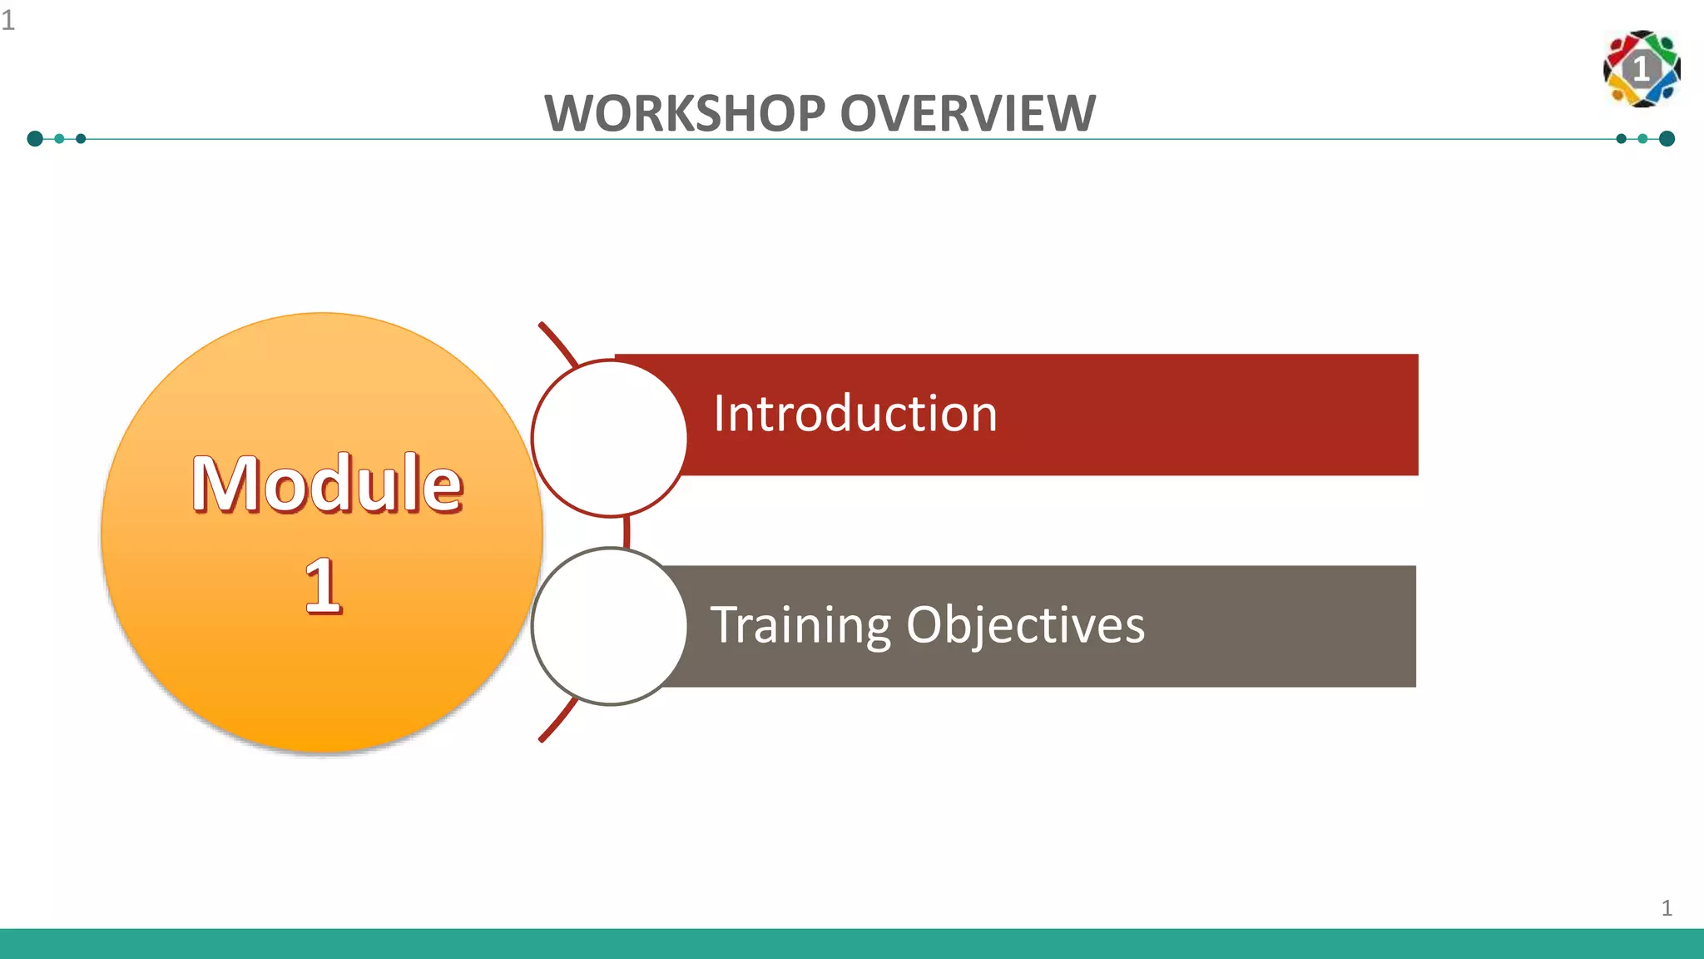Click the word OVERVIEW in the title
(968, 113)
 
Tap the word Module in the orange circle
(327, 484)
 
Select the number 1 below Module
(323, 586)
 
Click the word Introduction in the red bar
(854, 414)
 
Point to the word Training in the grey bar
(800, 625)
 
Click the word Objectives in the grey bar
(1025, 625)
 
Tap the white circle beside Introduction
(609, 438)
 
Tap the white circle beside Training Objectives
(609, 626)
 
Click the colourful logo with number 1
(1641, 69)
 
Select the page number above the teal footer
(1667, 907)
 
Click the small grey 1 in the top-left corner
(8, 20)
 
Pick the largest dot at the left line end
(35, 138)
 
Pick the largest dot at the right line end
(1667, 138)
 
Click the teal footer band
(852, 944)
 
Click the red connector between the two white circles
(626, 532)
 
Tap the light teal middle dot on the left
(59, 138)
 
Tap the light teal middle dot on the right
(1642, 138)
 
